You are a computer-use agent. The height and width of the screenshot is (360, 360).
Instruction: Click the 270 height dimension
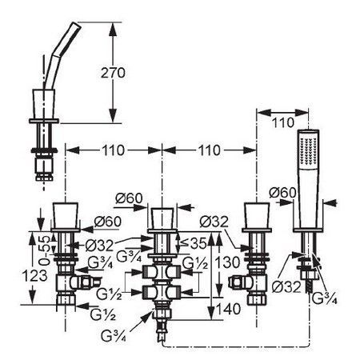pyautogui.click(x=113, y=73)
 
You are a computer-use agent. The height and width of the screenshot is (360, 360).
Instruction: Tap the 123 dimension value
pyautogui.click(x=34, y=275)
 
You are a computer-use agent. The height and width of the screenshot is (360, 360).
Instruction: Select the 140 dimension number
pyautogui.click(x=228, y=309)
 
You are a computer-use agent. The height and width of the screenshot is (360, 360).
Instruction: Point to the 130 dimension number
pyautogui.click(x=228, y=262)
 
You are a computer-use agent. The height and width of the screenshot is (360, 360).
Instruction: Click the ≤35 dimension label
pyautogui.click(x=194, y=243)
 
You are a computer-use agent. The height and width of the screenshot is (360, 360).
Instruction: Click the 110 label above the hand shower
pyautogui.click(x=282, y=122)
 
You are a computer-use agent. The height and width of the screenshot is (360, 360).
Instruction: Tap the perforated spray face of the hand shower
pyautogui.click(x=309, y=150)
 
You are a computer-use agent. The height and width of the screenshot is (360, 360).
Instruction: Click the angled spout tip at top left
pyautogui.click(x=76, y=26)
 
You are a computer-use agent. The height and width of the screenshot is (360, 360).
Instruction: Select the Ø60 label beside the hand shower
pyautogui.click(x=282, y=193)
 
